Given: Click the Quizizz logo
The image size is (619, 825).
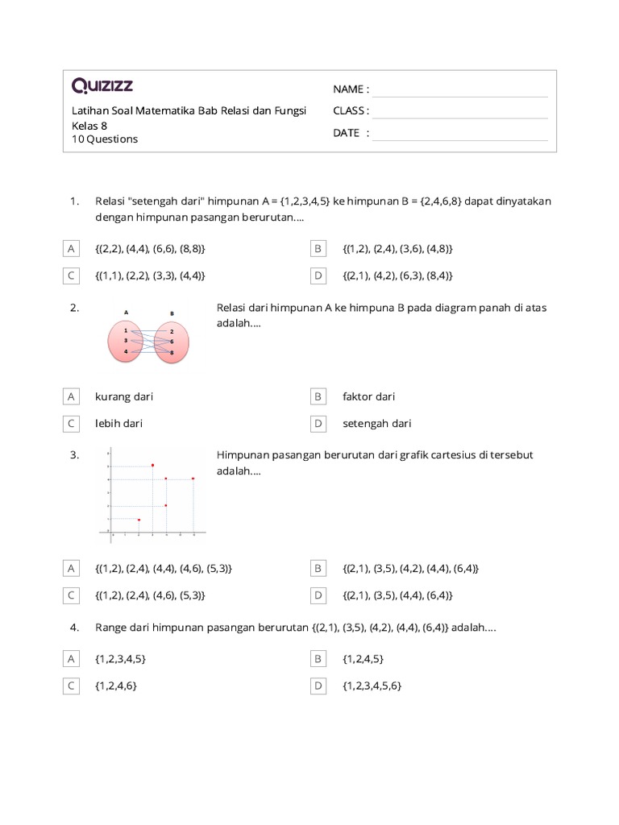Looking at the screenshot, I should (102, 85).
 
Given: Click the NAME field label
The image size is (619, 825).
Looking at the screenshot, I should (351, 89).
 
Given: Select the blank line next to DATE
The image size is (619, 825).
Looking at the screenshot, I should (459, 134).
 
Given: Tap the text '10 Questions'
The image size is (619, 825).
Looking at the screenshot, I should (105, 139).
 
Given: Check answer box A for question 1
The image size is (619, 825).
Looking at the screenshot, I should (72, 249).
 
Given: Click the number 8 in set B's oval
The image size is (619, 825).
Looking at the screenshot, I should (172, 353).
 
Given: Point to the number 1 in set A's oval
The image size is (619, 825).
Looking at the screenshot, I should (126, 330).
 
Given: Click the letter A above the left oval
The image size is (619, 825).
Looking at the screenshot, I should (127, 312).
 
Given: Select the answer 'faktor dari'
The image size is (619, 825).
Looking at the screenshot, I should (368, 396).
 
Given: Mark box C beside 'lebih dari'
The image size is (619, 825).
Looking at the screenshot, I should (72, 423).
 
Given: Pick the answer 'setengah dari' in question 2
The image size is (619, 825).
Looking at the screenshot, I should (376, 423).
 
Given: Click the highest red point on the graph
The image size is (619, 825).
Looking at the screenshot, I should (152, 465).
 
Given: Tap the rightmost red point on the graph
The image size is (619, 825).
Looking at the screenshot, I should (193, 479).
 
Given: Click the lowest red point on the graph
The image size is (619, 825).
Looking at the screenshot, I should (139, 520).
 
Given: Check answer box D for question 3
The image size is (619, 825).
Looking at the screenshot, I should (318, 595).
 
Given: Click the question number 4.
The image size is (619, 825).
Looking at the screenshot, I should (74, 628).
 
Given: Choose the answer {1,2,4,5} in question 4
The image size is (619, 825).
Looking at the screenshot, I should (363, 659).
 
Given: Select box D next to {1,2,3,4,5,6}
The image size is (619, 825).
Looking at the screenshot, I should (318, 686).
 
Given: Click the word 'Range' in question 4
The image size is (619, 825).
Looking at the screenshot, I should (111, 628).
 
